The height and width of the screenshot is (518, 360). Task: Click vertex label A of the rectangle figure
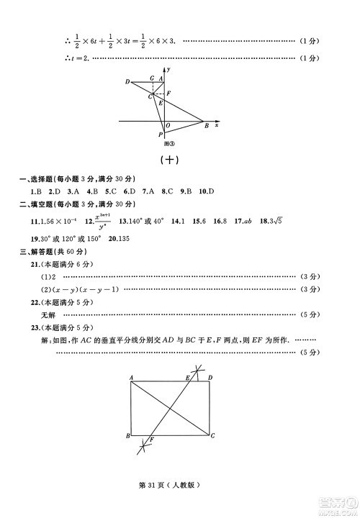click(x=132, y=377)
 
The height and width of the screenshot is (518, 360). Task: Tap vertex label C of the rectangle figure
click(x=213, y=436)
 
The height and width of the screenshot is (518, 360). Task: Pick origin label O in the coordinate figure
click(x=168, y=125)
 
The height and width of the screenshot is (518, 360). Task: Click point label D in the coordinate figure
click(x=127, y=81)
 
